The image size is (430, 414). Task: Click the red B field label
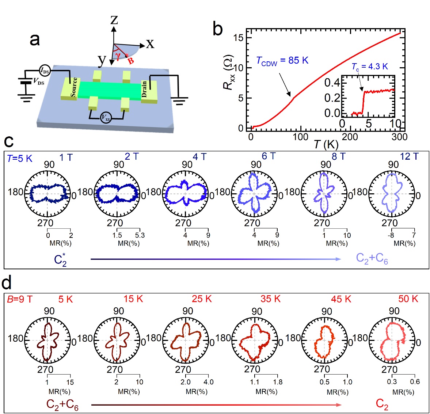click(x=130, y=61)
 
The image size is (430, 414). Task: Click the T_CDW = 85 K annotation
click(x=282, y=61)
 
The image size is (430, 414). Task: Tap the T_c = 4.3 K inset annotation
click(x=369, y=67)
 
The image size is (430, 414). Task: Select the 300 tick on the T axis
click(x=399, y=137)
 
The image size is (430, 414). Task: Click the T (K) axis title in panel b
click(x=326, y=144)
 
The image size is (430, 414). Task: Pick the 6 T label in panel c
click(x=269, y=156)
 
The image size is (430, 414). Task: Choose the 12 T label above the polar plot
click(x=409, y=156)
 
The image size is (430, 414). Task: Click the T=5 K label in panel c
click(x=20, y=159)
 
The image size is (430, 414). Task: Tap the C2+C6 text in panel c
click(x=372, y=259)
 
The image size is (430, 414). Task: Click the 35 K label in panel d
click(x=270, y=299)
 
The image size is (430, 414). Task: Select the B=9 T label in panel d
click(x=20, y=300)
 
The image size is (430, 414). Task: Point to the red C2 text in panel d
click(x=382, y=404)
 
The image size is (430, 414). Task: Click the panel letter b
click(x=218, y=29)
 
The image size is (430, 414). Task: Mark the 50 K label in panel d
click(x=408, y=299)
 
